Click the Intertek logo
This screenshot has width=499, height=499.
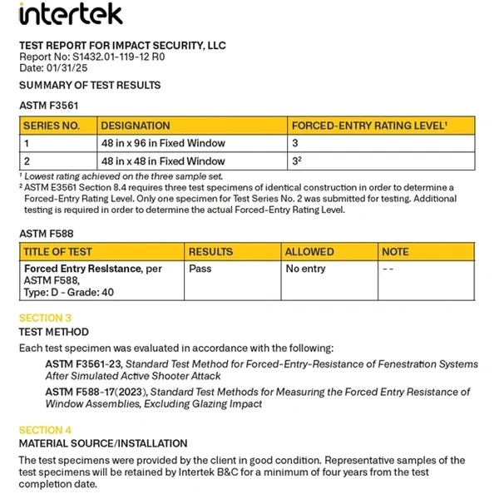click(x=70, y=14)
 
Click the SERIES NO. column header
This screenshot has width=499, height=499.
click(x=52, y=126)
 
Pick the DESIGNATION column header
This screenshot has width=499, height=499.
click(x=136, y=126)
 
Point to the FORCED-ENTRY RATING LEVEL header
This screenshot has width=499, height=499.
click(x=370, y=126)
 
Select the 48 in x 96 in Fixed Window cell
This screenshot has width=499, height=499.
click(x=163, y=143)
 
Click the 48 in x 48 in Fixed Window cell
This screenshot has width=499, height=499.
click(x=163, y=161)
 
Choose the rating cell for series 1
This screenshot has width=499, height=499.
click(x=295, y=143)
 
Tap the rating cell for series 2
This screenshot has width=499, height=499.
click(x=296, y=161)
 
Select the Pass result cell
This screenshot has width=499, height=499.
click(x=200, y=269)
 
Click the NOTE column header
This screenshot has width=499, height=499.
click(x=396, y=251)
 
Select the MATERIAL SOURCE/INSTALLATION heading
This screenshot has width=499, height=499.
click(x=103, y=443)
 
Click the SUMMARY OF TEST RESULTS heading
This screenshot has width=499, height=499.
click(x=90, y=85)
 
